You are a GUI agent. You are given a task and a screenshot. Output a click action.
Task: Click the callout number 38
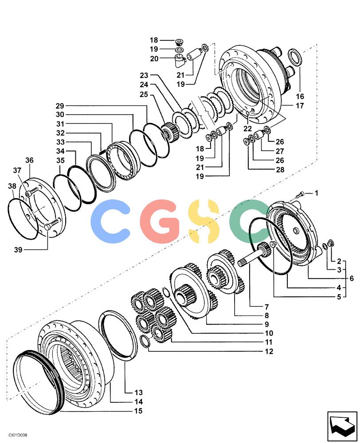tap(12, 186)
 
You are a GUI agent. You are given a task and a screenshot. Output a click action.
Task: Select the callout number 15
tap(138, 411)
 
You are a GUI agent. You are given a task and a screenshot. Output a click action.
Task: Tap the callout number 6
tap(352, 278)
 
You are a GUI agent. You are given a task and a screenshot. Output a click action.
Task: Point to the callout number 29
tap(60, 106)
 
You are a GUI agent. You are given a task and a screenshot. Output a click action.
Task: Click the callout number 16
tap(300, 96)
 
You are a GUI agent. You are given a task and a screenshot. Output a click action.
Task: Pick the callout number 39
tap(18, 250)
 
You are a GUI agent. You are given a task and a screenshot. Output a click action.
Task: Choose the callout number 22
tap(247, 128)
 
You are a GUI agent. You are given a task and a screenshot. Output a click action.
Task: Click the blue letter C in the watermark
tap(110, 218)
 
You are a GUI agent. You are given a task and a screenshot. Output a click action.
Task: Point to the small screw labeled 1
tap(301, 194)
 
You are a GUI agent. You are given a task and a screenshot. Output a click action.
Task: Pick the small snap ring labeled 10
tap(167, 292)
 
